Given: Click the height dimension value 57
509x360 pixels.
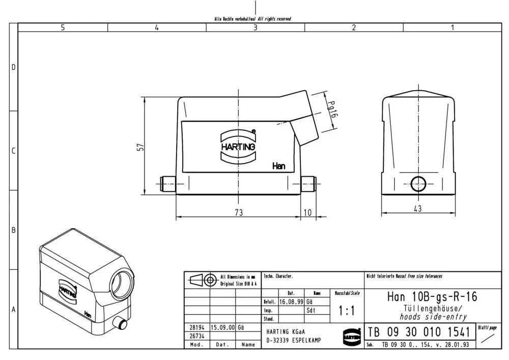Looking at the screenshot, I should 141,147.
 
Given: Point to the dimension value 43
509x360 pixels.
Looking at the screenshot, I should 417,208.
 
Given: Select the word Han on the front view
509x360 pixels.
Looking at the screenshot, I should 278,166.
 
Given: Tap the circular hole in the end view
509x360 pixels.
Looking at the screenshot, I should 418,183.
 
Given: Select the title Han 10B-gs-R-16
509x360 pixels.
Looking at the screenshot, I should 432,296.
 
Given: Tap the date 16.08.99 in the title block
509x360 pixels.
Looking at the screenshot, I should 292,301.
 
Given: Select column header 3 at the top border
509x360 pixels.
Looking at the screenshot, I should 256,27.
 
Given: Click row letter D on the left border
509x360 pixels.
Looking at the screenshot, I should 14,68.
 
